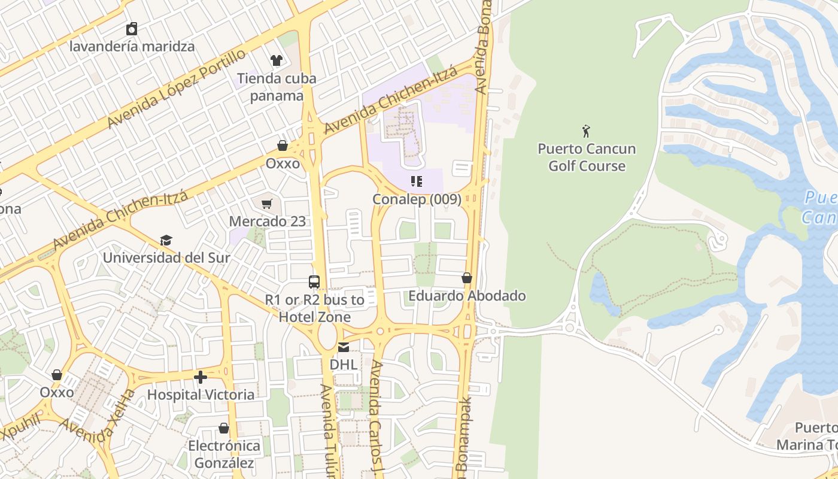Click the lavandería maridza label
pos(132,46)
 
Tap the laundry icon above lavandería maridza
pos(132,29)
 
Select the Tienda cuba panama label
pos(277,87)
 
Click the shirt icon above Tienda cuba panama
pos(277,60)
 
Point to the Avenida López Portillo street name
pos(177,89)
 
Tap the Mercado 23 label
pos(267,221)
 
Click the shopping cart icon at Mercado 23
pos(267,204)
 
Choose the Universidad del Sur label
pos(166,258)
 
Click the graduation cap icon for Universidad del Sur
pos(166,241)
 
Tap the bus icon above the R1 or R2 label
pos(314,281)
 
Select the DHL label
pos(344,364)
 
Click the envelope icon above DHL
pos(344,347)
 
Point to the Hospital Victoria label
pos(201,395)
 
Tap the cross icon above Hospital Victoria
pos(201,377)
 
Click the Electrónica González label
pos(224,454)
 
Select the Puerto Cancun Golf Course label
pos(587,157)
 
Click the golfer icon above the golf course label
pos(587,131)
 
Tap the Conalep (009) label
pos(417,199)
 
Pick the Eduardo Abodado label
pos(467,296)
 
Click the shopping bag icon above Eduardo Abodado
pos(467,278)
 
